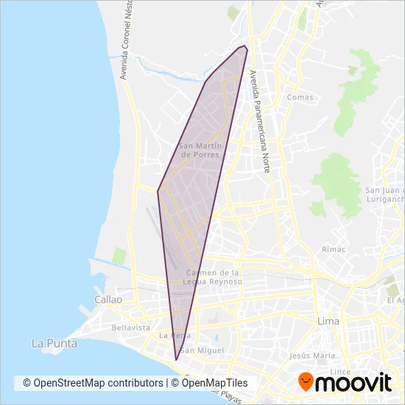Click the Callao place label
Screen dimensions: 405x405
tap(108, 300)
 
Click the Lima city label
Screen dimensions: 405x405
tap(327, 322)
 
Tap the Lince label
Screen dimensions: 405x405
tap(340, 371)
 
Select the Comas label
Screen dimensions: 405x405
tap(300, 97)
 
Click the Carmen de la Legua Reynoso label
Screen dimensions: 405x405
tap(214, 277)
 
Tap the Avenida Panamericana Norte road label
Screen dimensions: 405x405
tap(259, 121)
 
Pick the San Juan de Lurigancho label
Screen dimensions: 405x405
tap(384, 195)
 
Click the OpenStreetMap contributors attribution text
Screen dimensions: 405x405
tap(93, 383)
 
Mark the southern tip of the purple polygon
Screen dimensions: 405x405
tap(176, 359)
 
